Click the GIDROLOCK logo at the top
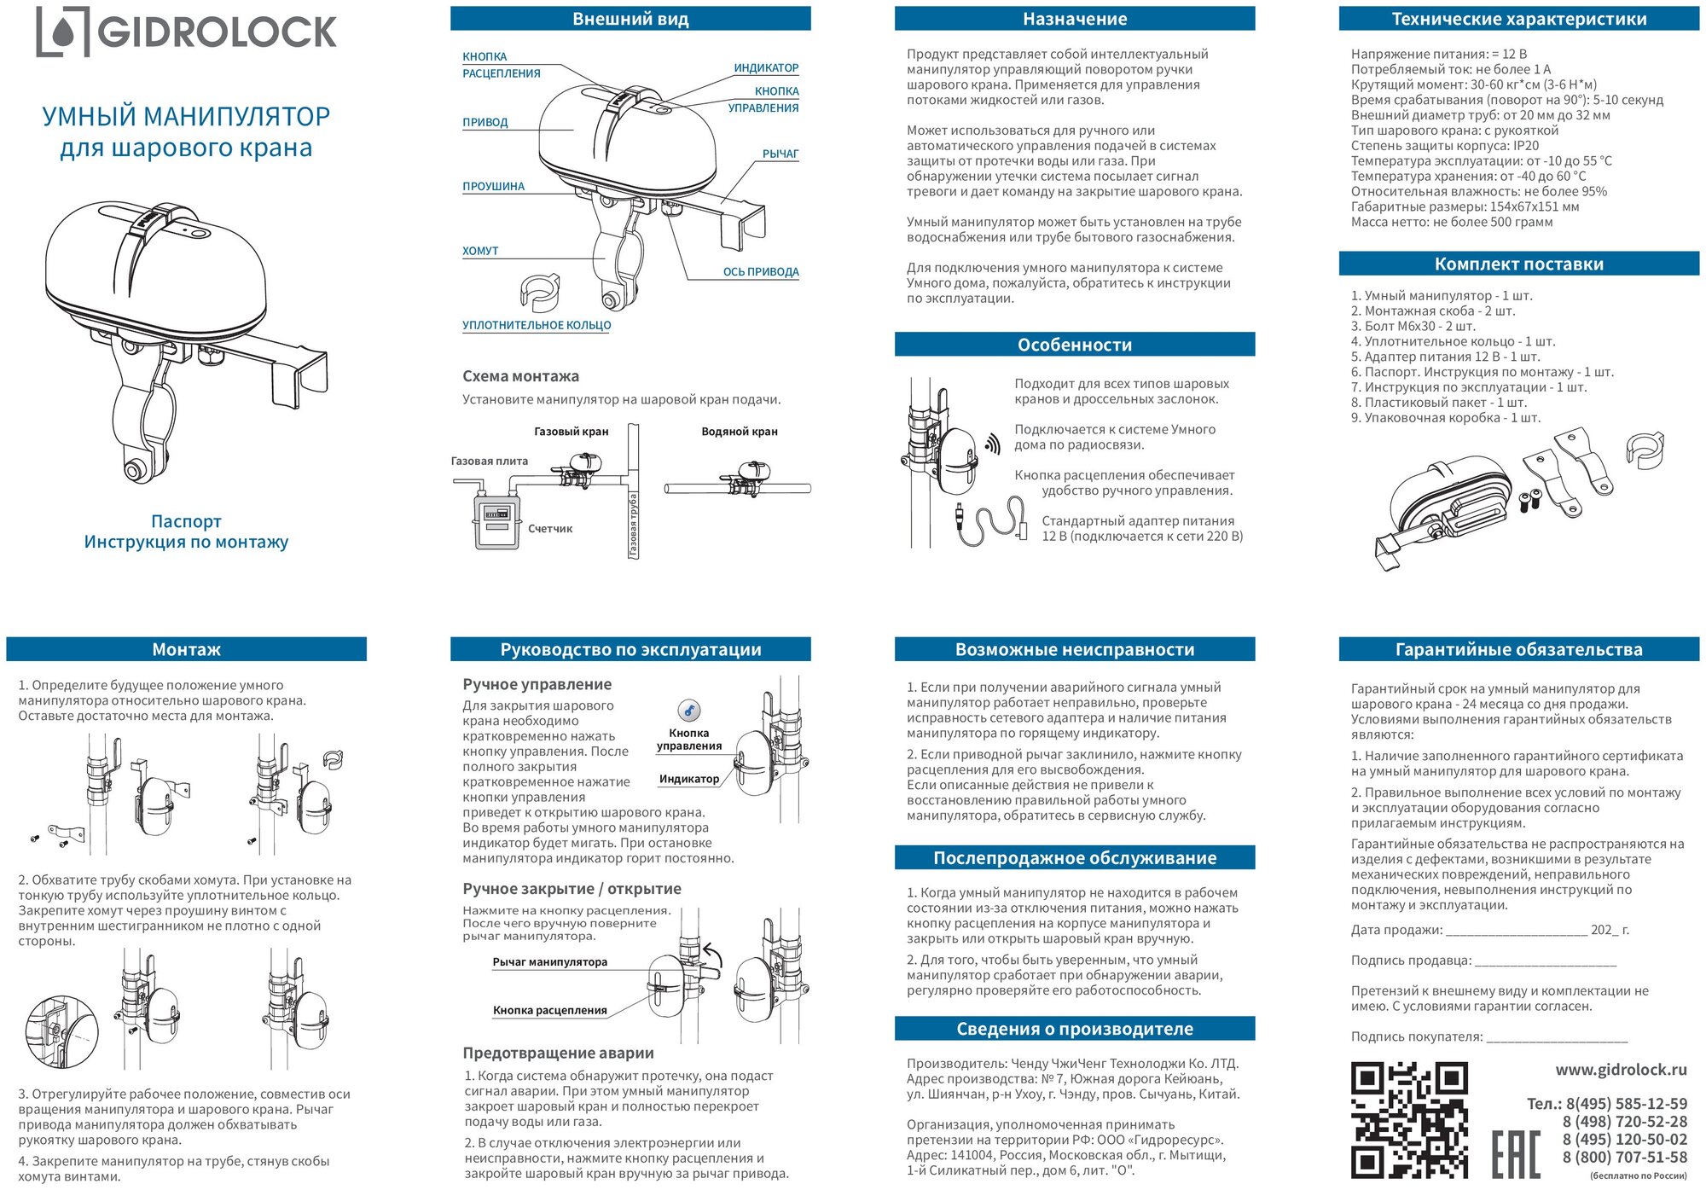click(x=186, y=32)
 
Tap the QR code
click(x=1409, y=1120)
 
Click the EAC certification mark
click(x=1516, y=1153)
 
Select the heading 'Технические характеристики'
click(x=1518, y=19)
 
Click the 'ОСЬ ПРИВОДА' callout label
click(x=761, y=272)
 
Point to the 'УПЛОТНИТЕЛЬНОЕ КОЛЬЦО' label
click(x=537, y=325)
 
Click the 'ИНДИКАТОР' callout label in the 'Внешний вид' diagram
click(x=766, y=68)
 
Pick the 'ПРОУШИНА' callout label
click(x=493, y=187)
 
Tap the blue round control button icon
click(x=689, y=711)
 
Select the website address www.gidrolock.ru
click(x=1621, y=1070)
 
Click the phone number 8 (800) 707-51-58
click(x=1624, y=1158)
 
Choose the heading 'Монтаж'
click(x=186, y=649)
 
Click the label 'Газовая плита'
click(x=489, y=461)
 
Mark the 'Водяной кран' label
click(x=739, y=432)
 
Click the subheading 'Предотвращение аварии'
click(x=558, y=1054)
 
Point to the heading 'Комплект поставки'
click(x=1518, y=264)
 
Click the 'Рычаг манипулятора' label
click(x=549, y=962)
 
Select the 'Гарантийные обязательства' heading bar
click(x=1518, y=649)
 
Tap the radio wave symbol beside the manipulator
click(x=992, y=444)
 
